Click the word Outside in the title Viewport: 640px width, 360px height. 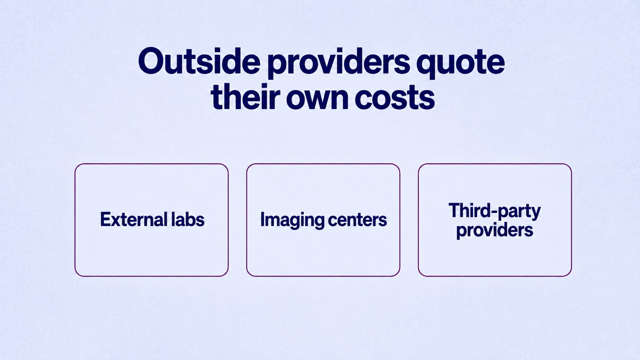point(199,61)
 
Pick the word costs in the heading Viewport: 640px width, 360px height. point(395,98)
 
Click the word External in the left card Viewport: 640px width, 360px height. point(134,220)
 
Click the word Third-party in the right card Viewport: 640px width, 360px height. point(495,211)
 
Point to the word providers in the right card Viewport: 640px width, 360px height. point(495,230)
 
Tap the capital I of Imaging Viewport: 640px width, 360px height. point(262,220)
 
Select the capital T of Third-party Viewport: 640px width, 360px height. point(454,210)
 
